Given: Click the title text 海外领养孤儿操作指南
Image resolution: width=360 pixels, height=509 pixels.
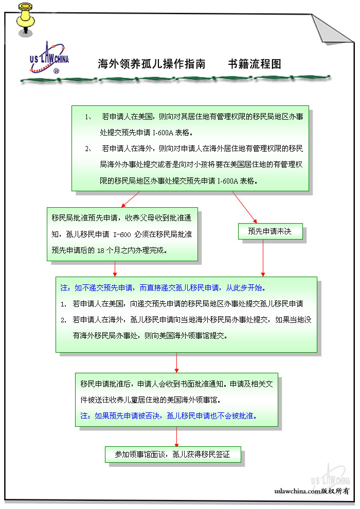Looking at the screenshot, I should (152, 64).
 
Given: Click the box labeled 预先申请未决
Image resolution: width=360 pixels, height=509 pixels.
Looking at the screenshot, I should (269, 231).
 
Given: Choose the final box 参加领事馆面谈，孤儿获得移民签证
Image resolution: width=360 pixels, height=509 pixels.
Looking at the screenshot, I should (172, 455).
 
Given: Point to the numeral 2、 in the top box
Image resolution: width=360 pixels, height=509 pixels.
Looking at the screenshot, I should (88, 149).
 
